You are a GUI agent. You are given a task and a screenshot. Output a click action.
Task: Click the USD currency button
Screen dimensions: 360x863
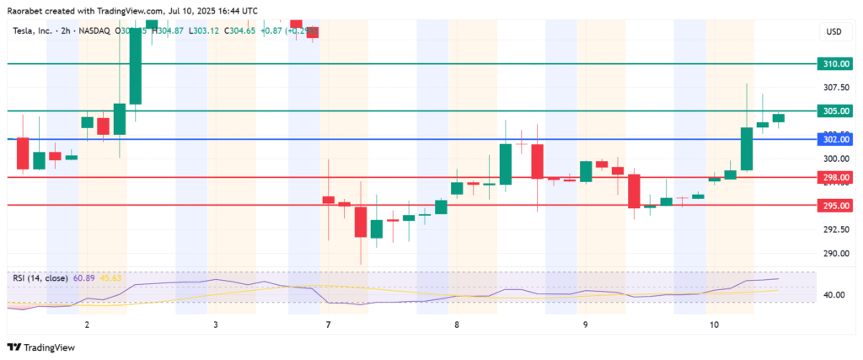834,32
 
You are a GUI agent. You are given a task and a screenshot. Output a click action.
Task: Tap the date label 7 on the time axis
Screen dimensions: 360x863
327,325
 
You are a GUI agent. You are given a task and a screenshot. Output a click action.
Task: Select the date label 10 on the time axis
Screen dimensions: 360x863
715,325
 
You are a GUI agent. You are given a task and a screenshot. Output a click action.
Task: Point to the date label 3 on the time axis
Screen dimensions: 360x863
216,325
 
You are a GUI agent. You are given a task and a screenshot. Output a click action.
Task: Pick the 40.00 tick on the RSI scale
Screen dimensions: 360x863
834,295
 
